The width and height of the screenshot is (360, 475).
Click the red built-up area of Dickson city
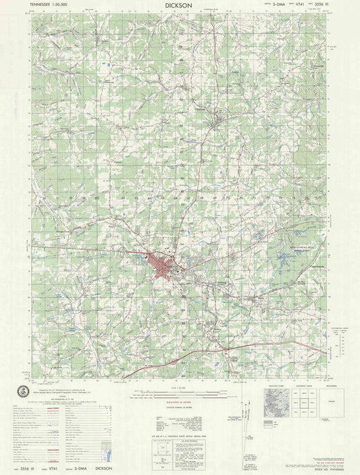tap(163, 264)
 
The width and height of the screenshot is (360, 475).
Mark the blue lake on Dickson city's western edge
tap(148, 256)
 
